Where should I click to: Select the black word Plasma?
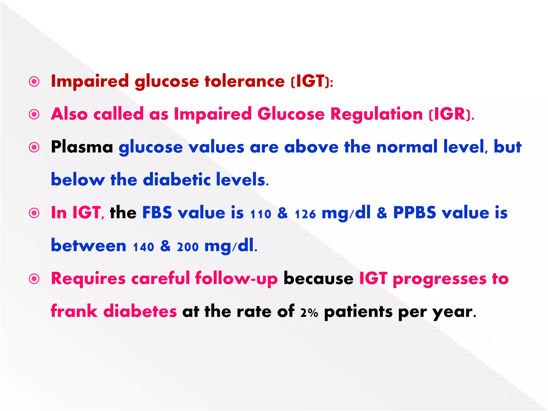point(82,147)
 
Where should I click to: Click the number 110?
point(261,214)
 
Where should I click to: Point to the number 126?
point(305,214)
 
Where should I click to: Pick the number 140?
point(143,247)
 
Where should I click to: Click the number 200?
point(188,247)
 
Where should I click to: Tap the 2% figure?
point(309,313)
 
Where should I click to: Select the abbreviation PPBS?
point(414,213)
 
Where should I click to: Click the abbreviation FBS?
point(157,213)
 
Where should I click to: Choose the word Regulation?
point(376,114)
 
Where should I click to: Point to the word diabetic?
point(177,180)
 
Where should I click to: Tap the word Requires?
point(88,279)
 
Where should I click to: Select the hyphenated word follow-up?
point(236,279)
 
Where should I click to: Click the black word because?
point(318,279)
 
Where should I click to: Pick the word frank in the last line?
point(74,311)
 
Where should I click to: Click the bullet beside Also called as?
point(34,115)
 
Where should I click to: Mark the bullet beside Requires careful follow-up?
point(34,279)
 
